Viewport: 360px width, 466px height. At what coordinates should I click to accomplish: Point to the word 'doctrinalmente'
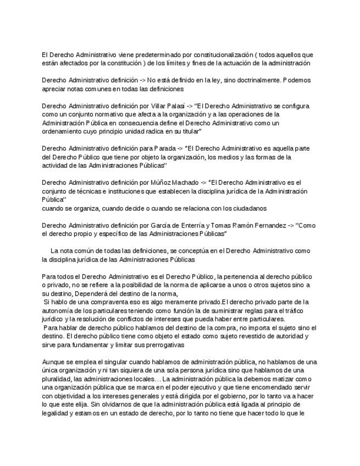(250, 80)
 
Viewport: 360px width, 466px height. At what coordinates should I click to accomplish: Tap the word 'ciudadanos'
(250, 208)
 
